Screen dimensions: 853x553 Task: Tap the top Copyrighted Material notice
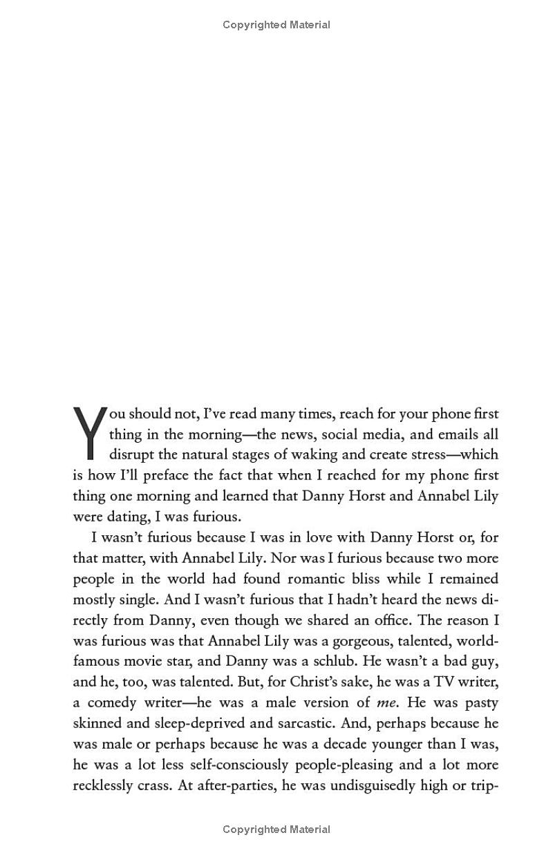276,25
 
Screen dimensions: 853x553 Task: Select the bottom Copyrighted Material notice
276,829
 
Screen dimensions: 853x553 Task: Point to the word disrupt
131,454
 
